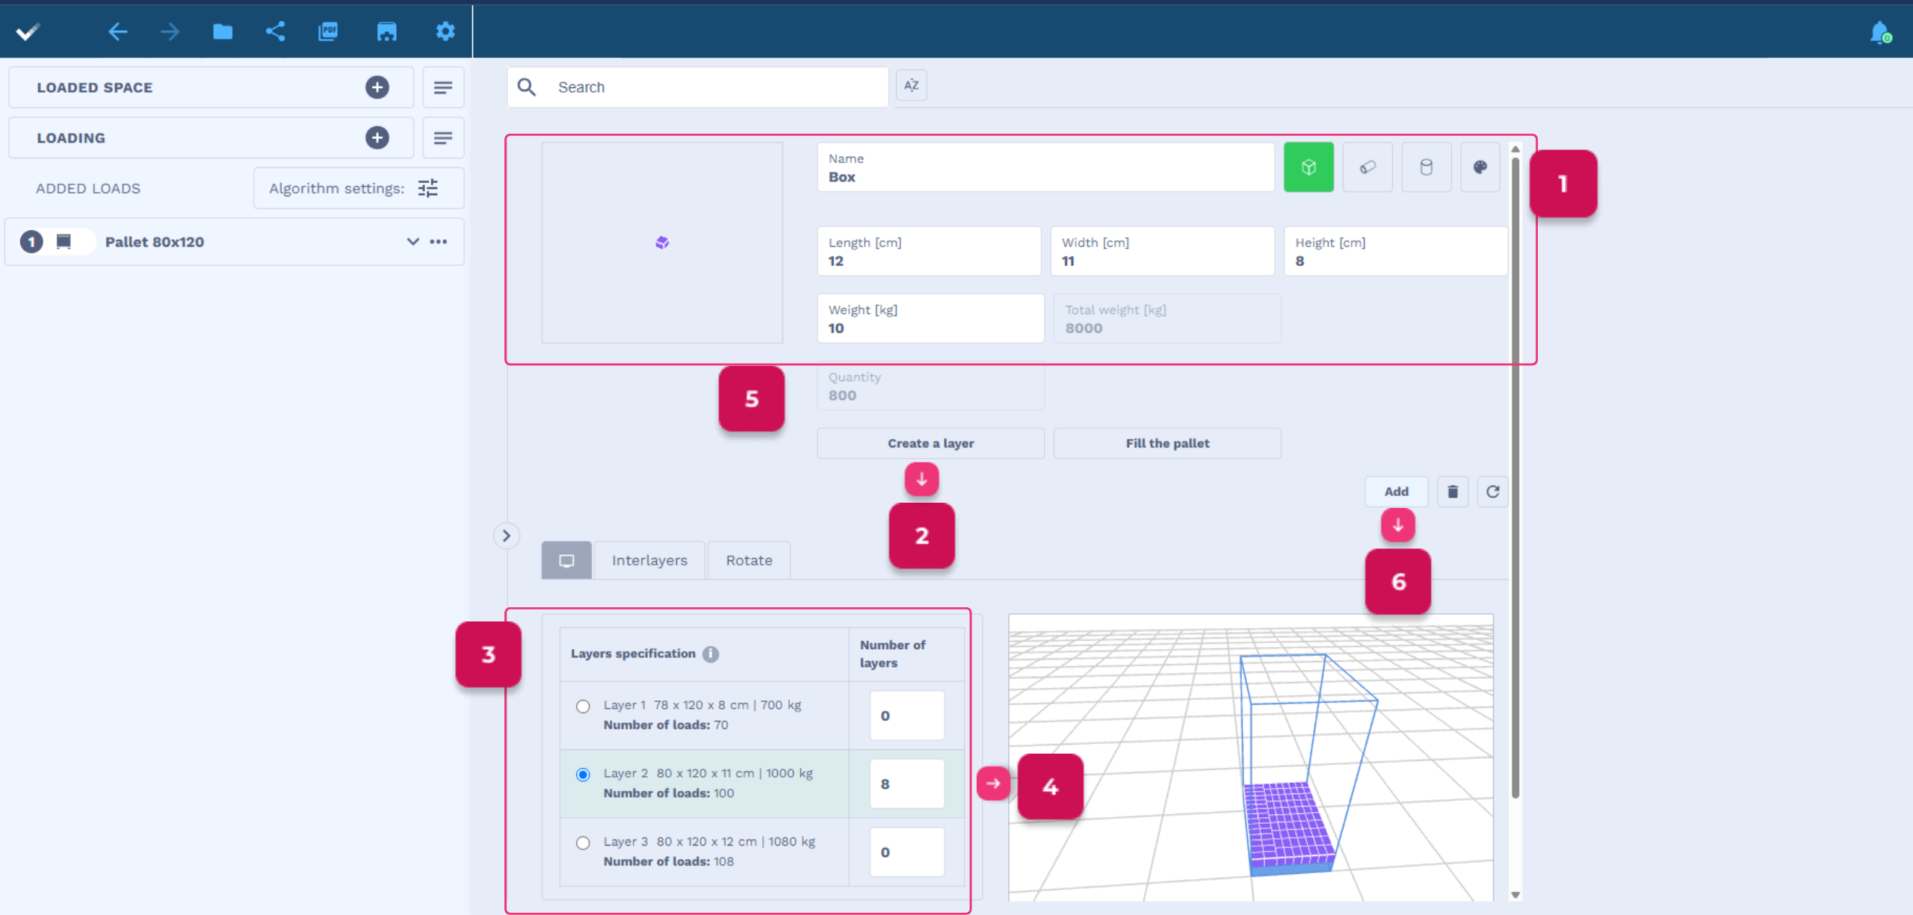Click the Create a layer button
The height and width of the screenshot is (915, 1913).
(930, 443)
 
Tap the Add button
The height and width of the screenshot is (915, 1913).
(1396, 491)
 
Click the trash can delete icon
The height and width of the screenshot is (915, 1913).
(1453, 491)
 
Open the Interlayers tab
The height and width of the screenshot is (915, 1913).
(649, 560)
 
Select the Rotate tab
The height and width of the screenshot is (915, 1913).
(749, 560)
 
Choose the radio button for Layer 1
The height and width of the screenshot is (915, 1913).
(583, 707)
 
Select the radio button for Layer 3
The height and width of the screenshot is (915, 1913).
(583, 843)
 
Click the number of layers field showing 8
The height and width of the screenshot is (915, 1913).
(906, 784)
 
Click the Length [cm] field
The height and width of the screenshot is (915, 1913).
(929, 252)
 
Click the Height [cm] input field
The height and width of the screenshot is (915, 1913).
(1396, 252)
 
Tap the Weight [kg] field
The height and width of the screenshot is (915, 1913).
(930, 319)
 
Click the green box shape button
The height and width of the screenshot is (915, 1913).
(1308, 167)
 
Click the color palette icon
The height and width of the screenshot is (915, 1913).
(1480, 167)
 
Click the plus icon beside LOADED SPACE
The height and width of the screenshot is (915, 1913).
(377, 87)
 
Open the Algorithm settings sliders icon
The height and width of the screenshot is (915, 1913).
(428, 188)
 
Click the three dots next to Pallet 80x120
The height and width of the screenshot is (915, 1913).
(439, 241)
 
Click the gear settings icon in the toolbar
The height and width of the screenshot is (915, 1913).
(445, 31)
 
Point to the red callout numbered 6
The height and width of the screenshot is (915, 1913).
(1397, 582)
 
